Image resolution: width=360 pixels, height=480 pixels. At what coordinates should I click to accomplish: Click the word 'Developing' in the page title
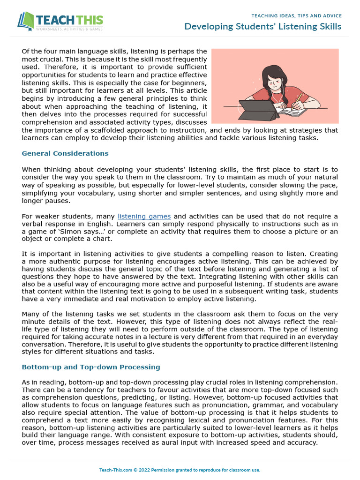click(x=206, y=26)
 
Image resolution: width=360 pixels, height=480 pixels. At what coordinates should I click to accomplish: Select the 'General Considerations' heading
click(x=65, y=153)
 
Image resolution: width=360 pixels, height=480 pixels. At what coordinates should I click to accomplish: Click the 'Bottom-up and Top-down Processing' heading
click(x=91, y=367)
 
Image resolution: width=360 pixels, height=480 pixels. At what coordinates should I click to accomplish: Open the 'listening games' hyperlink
click(x=144, y=216)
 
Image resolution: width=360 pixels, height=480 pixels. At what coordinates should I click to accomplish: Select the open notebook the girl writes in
click(x=292, y=112)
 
